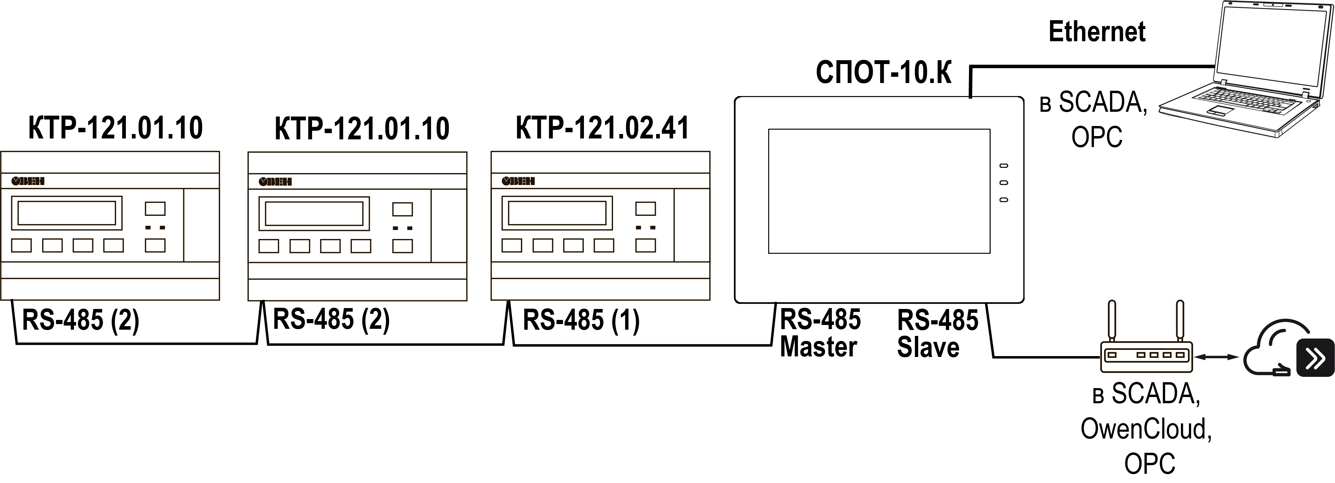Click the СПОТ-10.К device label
click(883, 72)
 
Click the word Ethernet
click(1097, 32)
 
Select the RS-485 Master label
click(820, 333)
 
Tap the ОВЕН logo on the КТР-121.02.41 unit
click(518, 181)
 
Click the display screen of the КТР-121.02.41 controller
click(557, 213)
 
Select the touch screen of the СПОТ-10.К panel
click(879, 191)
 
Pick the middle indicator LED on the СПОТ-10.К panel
click(1004, 183)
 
